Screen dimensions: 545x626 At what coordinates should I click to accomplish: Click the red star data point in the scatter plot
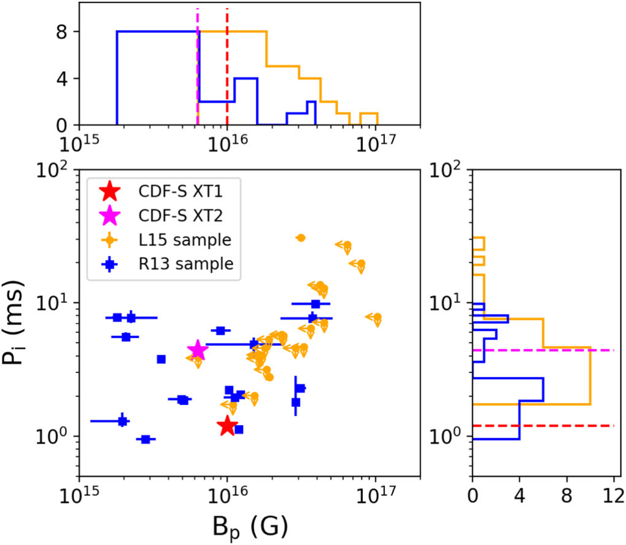227,425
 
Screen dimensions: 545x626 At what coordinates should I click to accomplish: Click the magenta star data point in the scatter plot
198,350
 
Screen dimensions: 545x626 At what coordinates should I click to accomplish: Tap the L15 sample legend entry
166,240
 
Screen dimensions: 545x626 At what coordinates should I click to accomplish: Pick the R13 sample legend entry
166,264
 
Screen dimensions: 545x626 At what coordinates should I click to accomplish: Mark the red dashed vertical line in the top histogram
227,68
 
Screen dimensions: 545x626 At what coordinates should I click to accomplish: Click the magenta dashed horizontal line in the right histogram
552,350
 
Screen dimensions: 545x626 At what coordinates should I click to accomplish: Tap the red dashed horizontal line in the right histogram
552,425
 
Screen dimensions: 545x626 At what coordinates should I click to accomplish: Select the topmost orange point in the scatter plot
301,238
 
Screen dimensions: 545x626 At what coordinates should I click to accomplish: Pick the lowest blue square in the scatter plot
146,439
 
